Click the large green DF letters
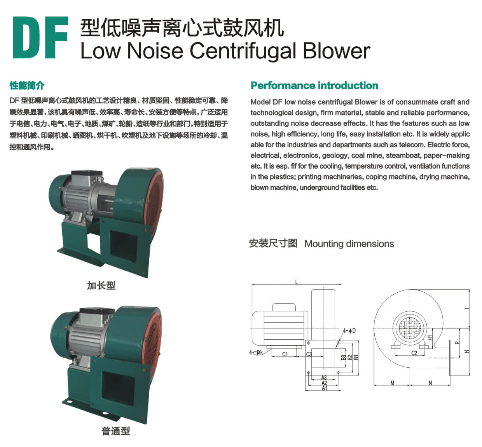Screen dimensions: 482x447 point(40,37)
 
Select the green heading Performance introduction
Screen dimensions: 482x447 point(314,86)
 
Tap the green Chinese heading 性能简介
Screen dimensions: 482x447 point(27,86)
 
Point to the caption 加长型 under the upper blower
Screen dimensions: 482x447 point(101,286)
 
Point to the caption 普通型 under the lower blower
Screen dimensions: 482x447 point(116,431)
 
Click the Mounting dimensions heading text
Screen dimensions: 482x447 point(349,244)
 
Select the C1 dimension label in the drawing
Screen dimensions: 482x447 point(285,354)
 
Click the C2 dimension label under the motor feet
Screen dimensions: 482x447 point(414,353)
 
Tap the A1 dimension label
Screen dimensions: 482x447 point(324,388)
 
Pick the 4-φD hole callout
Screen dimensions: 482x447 point(349,330)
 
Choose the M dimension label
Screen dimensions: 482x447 point(393,383)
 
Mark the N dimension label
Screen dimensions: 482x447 point(430,383)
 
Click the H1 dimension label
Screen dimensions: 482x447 point(430,338)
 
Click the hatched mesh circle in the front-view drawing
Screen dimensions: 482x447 point(410,328)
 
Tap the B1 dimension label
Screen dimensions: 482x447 point(356,357)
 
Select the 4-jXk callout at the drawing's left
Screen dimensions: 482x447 point(256,352)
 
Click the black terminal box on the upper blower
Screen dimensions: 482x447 point(87,173)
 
